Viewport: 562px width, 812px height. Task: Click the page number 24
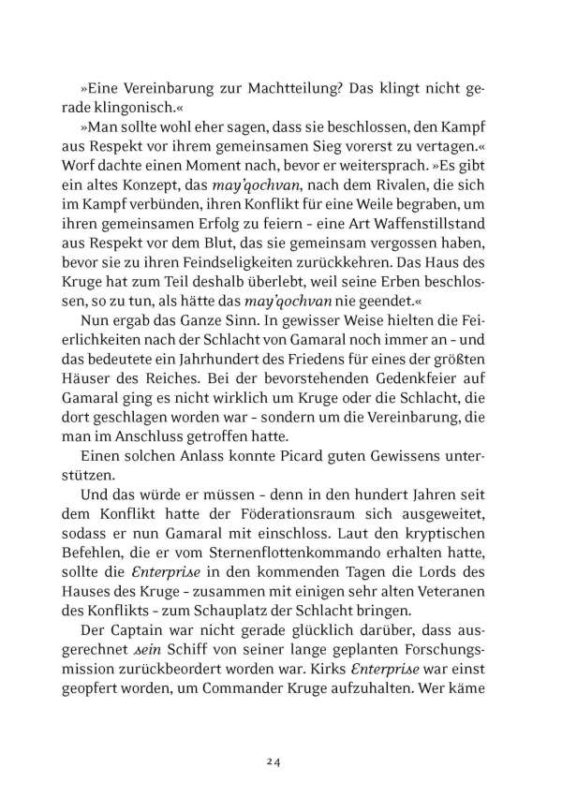pos(273,736)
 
